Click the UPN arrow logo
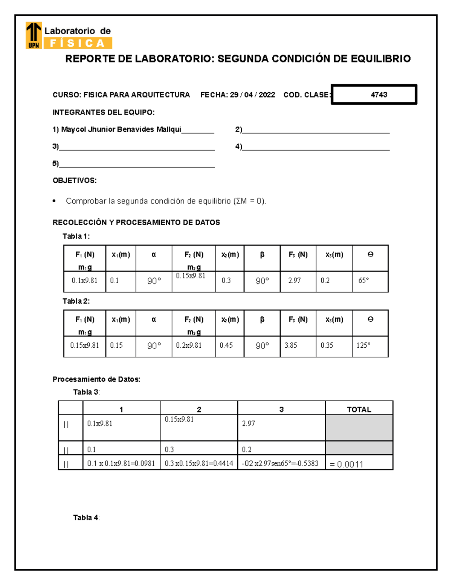pyautogui.click(x=34, y=35)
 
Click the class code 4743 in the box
pyautogui.click(x=379, y=95)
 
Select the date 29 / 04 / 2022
pyautogui.click(x=252, y=95)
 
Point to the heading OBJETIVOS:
pyautogui.click(x=75, y=180)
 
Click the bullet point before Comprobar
pyautogui.click(x=55, y=201)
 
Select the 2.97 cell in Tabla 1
pyautogui.click(x=295, y=281)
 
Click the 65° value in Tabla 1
pyautogui.click(x=363, y=281)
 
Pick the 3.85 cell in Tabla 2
pyautogui.click(x=291, y=345)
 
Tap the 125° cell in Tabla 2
pyautogui.click(x=363, y=345)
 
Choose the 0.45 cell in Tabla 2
pyautogui.click(x=226, y=345)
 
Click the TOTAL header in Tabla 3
pyautogui.click(x=359, y=409)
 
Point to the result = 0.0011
pyautogui.click(x=347, y=464)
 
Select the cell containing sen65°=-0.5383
pyautogui.click(x=280, y=463)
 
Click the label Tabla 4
pyautogui.click(x=86, y=518)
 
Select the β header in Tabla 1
pyautogui.click(x=262, y=255)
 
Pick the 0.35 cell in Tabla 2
pyautogui.click(x=327, y=345)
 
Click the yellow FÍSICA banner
pyautogui.click(x=78, y=44)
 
